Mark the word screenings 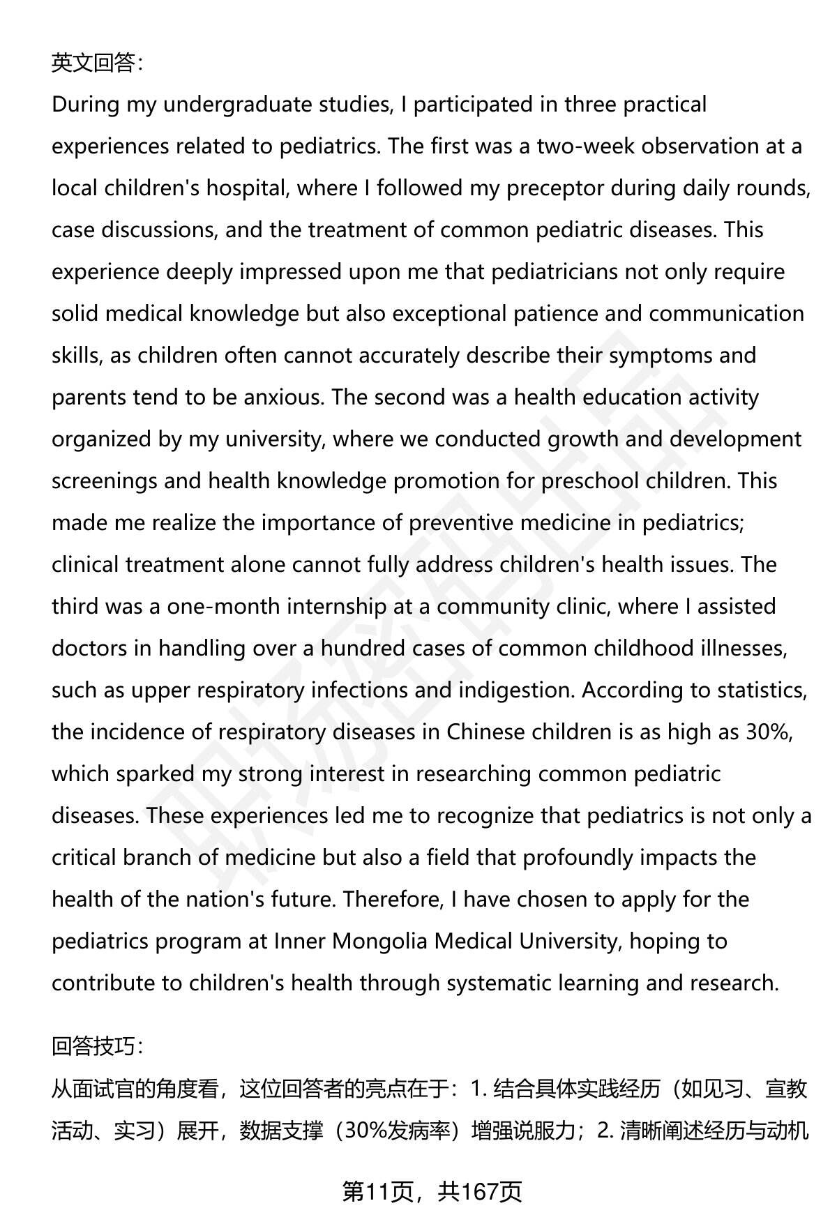[x=105, y=481]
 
